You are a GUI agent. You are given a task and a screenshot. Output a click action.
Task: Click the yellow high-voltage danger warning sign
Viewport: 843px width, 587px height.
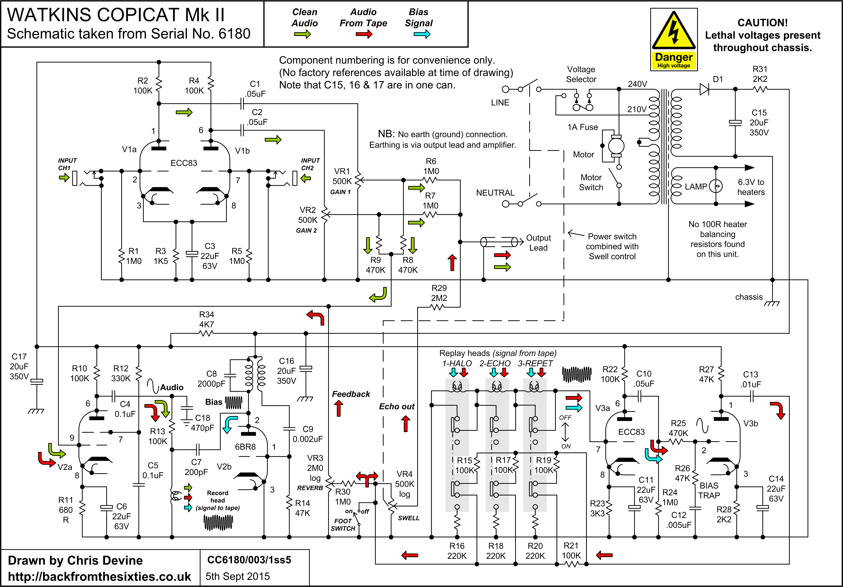click(x=674, y=39)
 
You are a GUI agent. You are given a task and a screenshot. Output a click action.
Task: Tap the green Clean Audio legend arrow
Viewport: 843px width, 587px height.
click(x=302, y=35)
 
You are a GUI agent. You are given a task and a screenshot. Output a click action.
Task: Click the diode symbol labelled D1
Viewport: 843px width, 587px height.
click(x=704, y=89)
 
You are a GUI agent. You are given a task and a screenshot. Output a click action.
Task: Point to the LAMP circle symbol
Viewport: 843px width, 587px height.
click(x=716, y=186)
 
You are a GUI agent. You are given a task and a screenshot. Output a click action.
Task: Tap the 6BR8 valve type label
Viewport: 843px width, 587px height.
click(x=245, y=447)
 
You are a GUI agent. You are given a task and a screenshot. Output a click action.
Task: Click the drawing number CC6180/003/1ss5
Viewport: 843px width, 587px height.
click(x=249, y=560)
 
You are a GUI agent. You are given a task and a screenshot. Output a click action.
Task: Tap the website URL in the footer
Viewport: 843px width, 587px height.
click(x=99, y=576)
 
